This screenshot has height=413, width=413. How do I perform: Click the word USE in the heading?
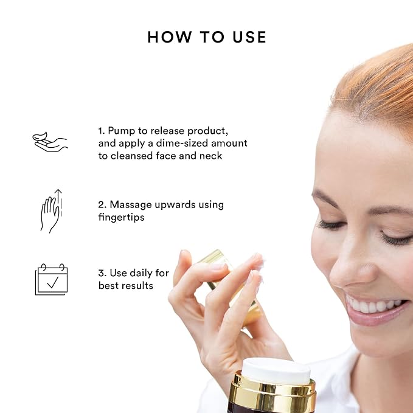coord(249,37)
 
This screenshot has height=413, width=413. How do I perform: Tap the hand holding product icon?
coord(50,142)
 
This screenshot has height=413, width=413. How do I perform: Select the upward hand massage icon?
coord(51,211)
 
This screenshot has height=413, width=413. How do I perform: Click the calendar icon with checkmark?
coord(51,279)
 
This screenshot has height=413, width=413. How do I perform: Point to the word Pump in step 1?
coord(120,131)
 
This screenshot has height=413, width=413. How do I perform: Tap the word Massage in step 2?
coord(131,205)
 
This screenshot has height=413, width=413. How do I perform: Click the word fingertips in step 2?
coord(122,217)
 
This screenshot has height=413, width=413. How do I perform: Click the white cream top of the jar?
coord(276,371)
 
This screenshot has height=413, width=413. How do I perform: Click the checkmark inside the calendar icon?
coord(53,282)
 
